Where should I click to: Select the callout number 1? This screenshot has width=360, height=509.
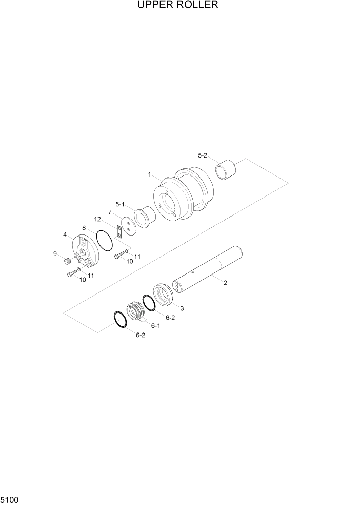pyautogui.click(x=149, y=174)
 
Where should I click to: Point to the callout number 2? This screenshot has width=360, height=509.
pyautogui.click(x=225, y=283)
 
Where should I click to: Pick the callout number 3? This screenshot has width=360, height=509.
pyautogui.click(x=182, y=308)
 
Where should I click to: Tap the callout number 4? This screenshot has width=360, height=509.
pyautogui.click(x=65, y=234)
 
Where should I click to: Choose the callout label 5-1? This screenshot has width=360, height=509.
pyautogui.click(x=120, y=204)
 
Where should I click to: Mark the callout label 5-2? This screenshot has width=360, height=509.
pyautogui.click(x=203, y=155)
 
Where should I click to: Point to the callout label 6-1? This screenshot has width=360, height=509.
pyautogui.click(x=155, y=325)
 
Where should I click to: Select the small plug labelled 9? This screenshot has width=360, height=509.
pyautogui.click(x=67, y=262)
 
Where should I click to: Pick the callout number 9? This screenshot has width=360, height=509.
pyautogui.click(x=55, y=253)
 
